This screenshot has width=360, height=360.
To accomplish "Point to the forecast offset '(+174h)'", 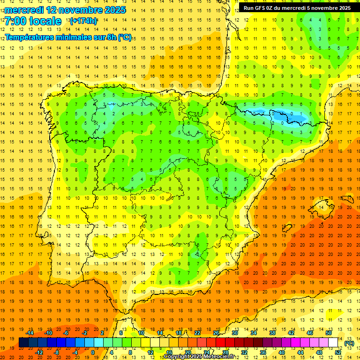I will click(83, 21).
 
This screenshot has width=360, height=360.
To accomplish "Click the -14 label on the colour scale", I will click(30, 332).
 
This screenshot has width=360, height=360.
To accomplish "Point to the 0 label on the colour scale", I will click(93, 352).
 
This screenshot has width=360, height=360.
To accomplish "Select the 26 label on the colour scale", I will click(216, 332).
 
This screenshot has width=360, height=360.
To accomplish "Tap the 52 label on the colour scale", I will click(338, 352).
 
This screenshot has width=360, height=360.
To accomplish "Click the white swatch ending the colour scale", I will click(333, 342).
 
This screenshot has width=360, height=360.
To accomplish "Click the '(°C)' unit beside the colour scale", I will click(349, 343).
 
